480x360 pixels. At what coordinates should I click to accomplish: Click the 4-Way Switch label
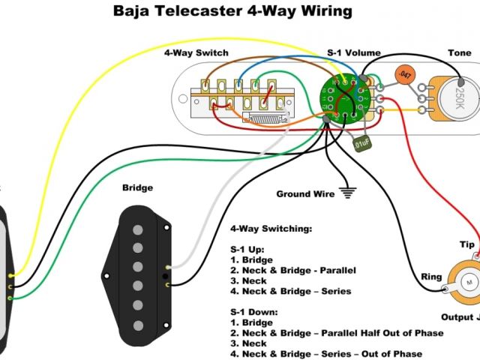click(x=196, y=53)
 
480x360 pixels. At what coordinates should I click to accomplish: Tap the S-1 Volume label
click(x=354, y=53)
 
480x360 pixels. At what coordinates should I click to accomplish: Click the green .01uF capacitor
click(x=361, y=140)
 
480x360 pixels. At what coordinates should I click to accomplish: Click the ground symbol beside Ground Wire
click(x=346, y=193)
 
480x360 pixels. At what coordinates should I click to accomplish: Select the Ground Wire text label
click(x=305, y=194)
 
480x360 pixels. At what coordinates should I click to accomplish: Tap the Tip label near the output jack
click(x=467, y=245)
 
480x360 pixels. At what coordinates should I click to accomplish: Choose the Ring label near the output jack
click(x=431, y=277)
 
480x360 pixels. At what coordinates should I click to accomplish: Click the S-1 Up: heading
click(x=247, y=248)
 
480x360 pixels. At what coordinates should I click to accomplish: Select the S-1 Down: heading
click(x=253, y=311)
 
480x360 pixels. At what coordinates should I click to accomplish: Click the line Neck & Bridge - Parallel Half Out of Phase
click(x=342, y=332)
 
